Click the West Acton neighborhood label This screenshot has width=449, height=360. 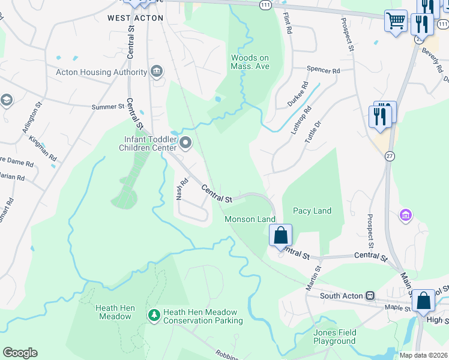[135, 18]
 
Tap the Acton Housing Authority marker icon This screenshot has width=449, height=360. [157, 73]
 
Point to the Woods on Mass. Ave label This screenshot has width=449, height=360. [250, 62]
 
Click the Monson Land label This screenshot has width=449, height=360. [250, 219]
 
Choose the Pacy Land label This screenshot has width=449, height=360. [312, 211]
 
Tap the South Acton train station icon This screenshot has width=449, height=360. [370, 295]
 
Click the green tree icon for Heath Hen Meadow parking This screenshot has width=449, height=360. [154, 314]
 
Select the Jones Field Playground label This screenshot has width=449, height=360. [334, 337]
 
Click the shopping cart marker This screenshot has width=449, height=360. [396, 22]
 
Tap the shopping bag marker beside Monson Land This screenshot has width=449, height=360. [280, 235]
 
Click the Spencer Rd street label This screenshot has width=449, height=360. [323, 70]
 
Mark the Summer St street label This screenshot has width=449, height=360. [107, 107]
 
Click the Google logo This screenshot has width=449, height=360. [20, 353]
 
